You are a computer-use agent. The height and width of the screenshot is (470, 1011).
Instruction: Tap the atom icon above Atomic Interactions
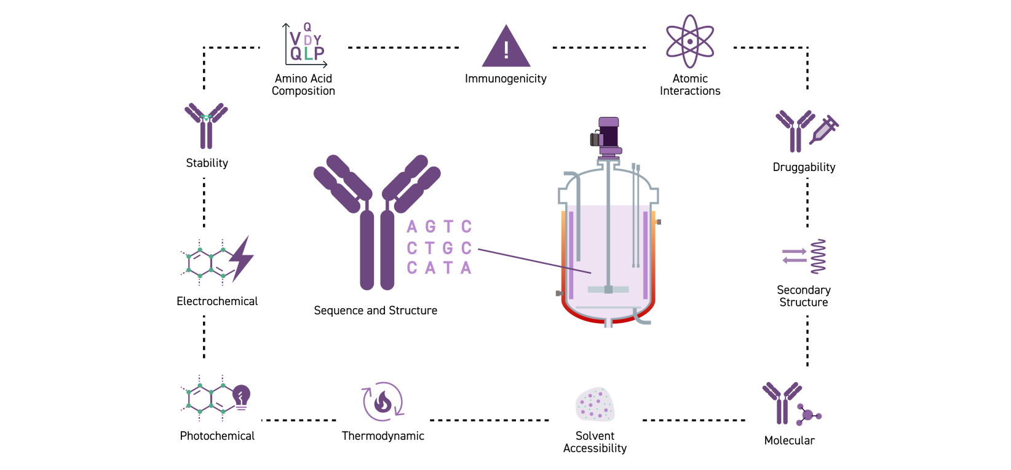point(690,41)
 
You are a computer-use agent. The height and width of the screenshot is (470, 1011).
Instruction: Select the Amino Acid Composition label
point(303,85)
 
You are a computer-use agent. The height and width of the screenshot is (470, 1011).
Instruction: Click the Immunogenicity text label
point(505,79)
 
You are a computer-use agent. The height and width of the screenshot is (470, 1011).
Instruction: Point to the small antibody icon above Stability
point(206,125)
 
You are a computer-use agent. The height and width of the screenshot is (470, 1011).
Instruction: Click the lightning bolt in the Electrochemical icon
point(242,258)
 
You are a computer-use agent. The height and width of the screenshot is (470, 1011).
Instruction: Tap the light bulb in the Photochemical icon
point(242,396)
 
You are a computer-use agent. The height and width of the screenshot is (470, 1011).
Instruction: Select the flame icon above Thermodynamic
point(383,402)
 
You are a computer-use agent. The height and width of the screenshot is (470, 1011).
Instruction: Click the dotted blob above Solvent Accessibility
point(595,405)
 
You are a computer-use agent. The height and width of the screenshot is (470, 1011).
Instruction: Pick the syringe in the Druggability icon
point(825,129)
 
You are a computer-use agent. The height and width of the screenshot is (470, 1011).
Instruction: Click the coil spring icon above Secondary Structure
point(818,257)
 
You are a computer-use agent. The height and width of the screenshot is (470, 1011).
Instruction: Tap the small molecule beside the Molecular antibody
point(807,415)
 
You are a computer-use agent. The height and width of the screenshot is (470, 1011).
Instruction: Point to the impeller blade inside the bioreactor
point(608,289)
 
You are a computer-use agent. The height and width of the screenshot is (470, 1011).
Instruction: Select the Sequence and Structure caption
point(375,311)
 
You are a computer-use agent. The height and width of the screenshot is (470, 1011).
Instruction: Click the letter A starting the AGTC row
point(412,227)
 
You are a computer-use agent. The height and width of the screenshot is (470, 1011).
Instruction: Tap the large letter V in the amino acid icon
point(296,39)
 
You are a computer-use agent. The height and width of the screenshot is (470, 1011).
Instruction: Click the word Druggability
point(804,167)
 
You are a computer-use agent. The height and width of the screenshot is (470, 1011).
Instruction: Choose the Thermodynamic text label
point(383,436)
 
